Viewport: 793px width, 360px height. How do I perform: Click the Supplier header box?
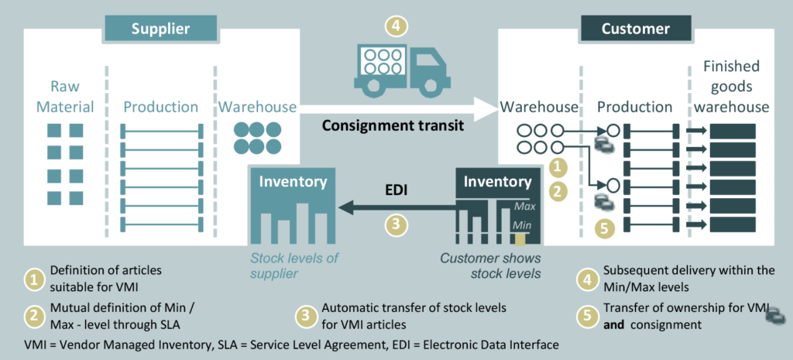pos(160,29)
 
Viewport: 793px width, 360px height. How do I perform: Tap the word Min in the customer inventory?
pos(524,225)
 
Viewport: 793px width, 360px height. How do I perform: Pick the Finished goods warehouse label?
pos(732,87)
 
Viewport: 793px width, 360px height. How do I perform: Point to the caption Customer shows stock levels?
pos(489,265)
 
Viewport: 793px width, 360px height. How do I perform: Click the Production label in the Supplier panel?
pos(161,107)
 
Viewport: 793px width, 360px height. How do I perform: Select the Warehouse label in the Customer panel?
pos(539,107)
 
